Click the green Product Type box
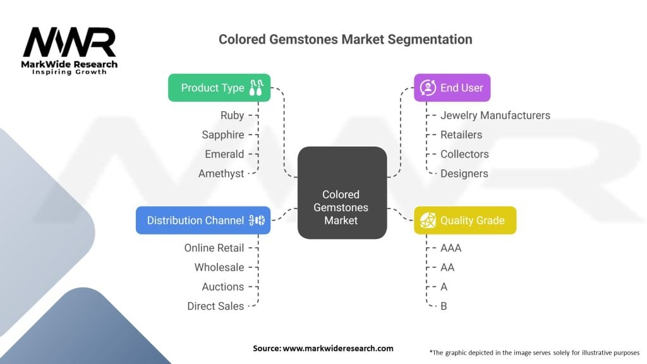coord(219,87)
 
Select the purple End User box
coord(452,87)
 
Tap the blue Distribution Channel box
coord(203,221)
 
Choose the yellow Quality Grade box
coord(465,221)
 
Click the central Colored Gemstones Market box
coord(342,193)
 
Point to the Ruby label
coord(233,115)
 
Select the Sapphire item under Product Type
coord(223,135)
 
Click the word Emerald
coord(224,154)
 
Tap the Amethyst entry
coord(221,173)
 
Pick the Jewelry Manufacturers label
coord(495,115)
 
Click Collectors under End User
coord(464,154)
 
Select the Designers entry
coord(464,173)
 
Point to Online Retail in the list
coord(214,248)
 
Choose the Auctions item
coord(223,286)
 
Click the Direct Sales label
coord(215,306)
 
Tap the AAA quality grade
coord(451,248)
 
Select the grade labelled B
coord(444,306)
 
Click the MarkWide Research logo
coord(70,51)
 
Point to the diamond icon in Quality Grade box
coord(428,221)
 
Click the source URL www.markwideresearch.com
coord(338,348)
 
